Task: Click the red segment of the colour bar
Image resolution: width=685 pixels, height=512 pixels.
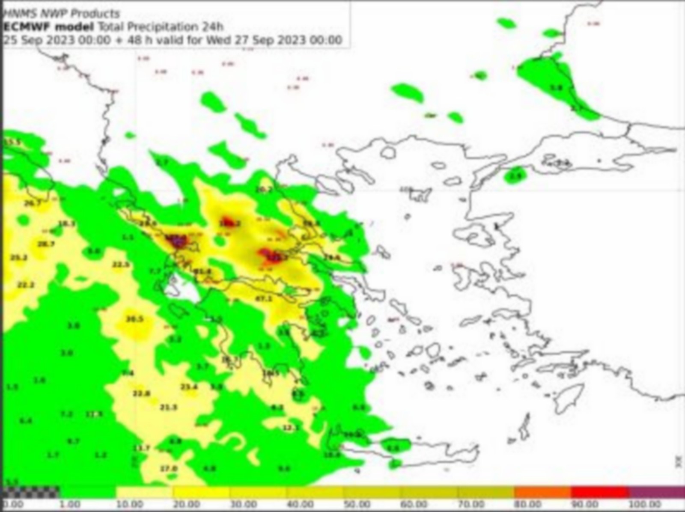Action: (599, 491)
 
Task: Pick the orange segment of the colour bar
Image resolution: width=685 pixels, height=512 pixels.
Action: (542, 491)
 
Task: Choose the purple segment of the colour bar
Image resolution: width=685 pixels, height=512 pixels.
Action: (657, 491)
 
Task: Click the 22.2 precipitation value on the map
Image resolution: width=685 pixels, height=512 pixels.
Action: (26, 285)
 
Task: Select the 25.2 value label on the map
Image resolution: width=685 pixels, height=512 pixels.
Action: (19, 258)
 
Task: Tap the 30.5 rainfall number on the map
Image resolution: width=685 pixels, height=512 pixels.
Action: (134, 319)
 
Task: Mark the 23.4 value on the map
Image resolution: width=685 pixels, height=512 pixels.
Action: (189, 387)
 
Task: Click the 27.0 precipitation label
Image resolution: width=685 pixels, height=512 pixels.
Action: (169, 468)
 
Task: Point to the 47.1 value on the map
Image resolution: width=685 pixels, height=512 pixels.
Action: (263, 298)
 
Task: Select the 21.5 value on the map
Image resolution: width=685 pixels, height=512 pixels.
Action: (168, 407)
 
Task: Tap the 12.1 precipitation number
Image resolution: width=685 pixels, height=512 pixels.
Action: (291, 427)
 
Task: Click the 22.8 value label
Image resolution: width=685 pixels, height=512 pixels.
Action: (141, 393)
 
